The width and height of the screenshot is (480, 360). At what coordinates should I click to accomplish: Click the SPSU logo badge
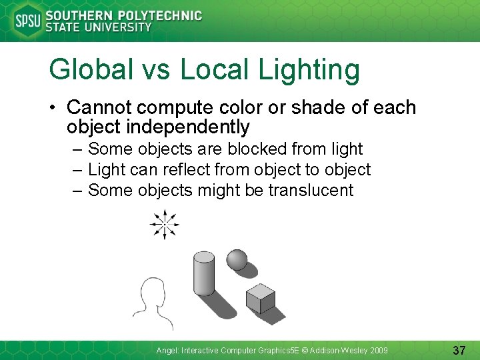[x=27, y=21]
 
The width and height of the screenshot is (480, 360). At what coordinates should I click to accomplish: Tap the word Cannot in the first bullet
[x=101, y=107]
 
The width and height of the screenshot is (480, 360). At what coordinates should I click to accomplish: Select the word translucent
[x=311, y=190]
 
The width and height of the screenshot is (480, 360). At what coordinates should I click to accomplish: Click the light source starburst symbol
[x=164, y=224]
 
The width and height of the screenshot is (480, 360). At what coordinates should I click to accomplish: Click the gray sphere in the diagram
[x=237, y=260]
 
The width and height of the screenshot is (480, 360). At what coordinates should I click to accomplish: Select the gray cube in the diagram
[x=260, y=298]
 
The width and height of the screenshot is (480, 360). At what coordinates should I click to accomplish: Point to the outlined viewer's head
[x=151, y=294]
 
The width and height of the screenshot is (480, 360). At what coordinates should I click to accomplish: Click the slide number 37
[x=459, y=349]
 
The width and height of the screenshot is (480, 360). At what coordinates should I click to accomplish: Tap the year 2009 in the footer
[x=377, y=350]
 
